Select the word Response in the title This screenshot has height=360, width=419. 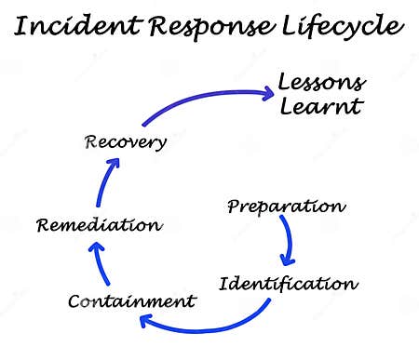(209, 28)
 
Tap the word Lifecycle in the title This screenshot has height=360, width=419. (340, 28)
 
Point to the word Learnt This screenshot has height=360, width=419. (320, 107)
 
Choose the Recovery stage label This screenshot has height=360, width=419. (126, 142)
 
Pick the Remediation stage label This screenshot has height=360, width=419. (99, 224)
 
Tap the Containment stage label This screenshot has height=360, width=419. (132, 300)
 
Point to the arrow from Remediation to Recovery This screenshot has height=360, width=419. (103, 186)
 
